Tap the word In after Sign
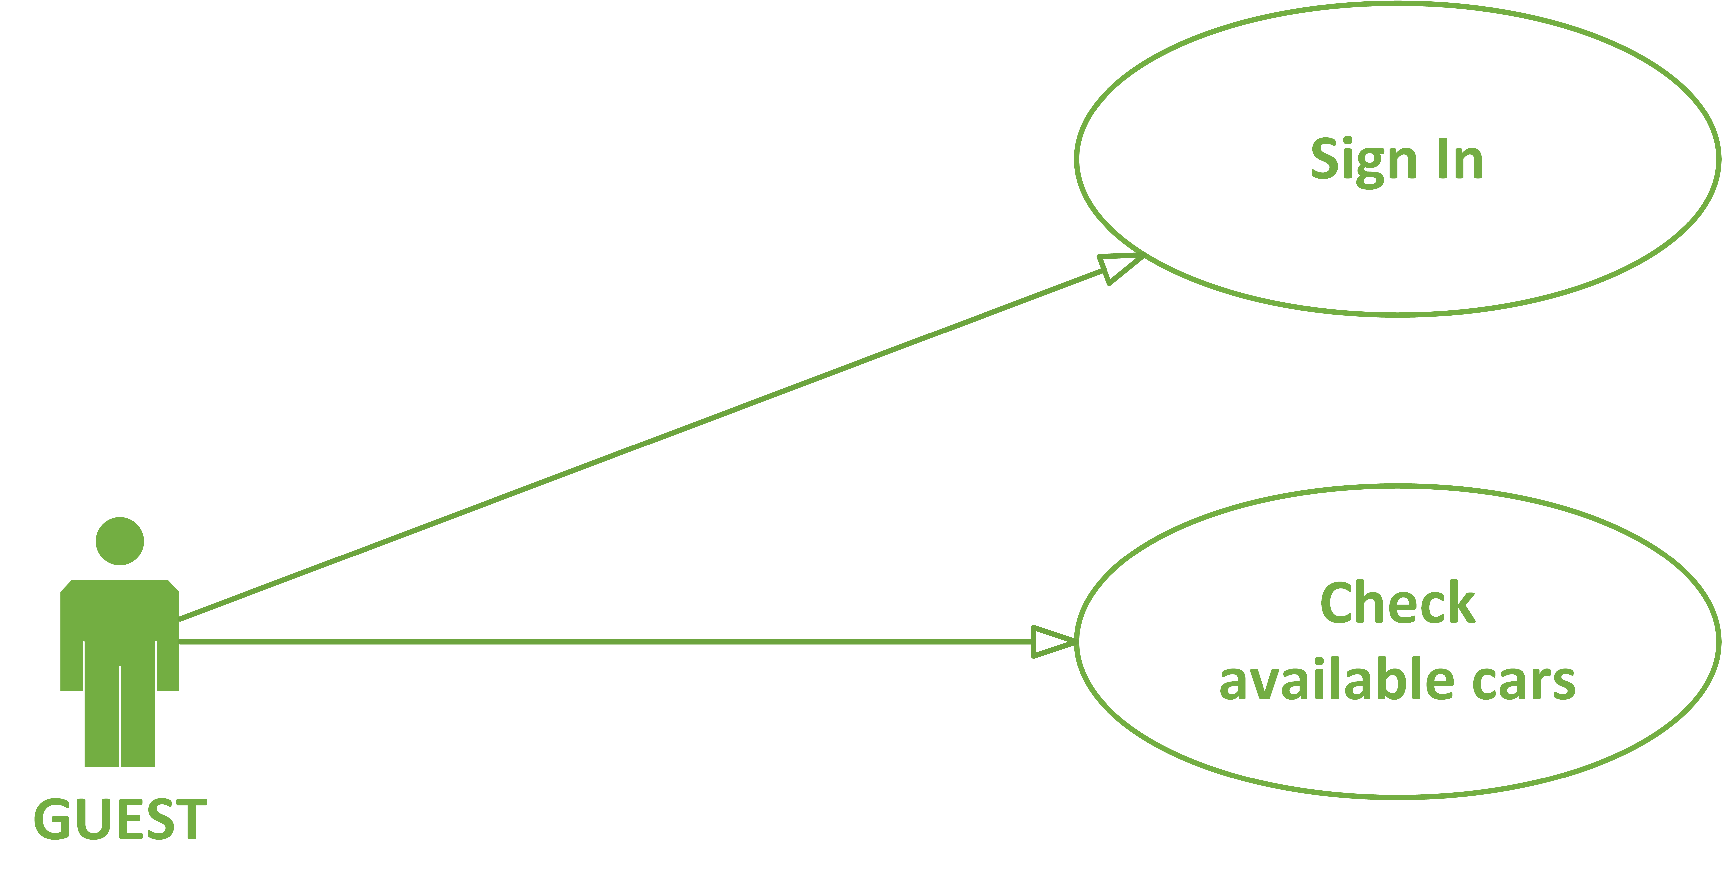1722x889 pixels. pos(1461,159)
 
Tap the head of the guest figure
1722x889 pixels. pos(120,541)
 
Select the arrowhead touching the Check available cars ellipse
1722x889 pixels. pos(1053,642)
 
